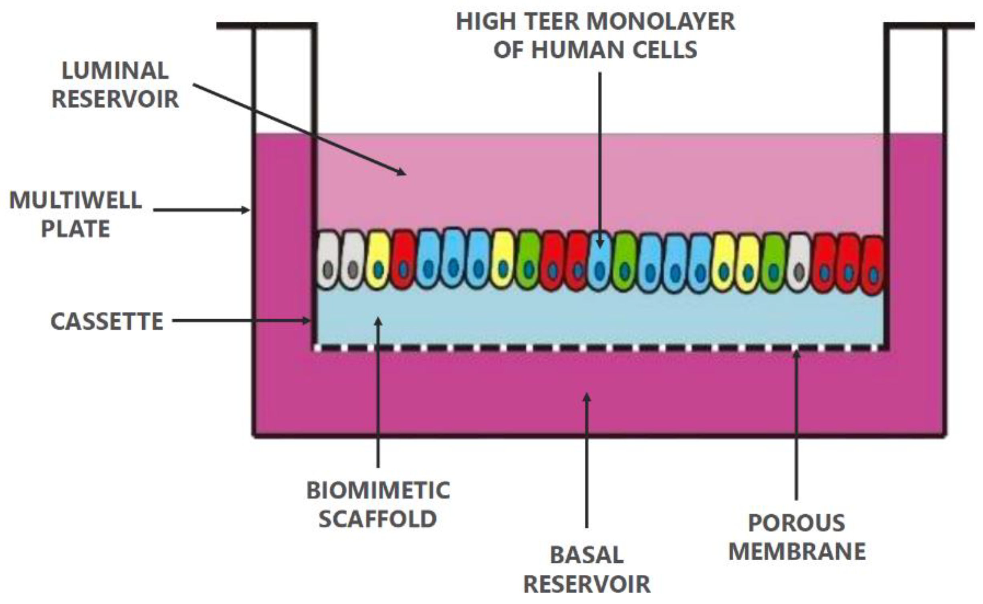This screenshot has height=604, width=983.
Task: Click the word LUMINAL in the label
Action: [115, 71]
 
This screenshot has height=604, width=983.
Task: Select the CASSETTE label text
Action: [107, 321]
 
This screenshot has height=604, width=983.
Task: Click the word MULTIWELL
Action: [75, 200]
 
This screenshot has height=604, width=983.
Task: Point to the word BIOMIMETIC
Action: [378, 490]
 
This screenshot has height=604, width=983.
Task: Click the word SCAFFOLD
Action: [377, 519]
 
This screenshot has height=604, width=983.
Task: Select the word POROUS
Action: [797, 523]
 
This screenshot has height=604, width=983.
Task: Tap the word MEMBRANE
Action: [797, 551]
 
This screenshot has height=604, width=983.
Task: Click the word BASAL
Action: [587, 555]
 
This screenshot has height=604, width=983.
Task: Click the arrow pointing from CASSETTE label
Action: [240, 320]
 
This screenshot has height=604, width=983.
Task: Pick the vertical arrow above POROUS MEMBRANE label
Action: [796, 425]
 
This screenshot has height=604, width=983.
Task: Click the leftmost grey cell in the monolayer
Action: [328, 259]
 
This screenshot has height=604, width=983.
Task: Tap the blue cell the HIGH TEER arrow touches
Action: [599, 263]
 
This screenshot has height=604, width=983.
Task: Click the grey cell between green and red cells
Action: [799, 263]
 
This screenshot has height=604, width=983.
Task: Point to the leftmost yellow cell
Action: [378, 259]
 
